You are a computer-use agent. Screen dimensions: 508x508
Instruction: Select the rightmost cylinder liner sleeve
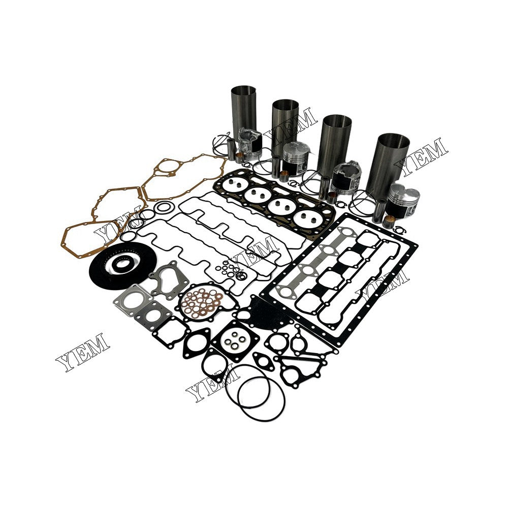pos(389,158)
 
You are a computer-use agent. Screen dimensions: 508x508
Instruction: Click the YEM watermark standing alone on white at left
pos(82,351)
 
